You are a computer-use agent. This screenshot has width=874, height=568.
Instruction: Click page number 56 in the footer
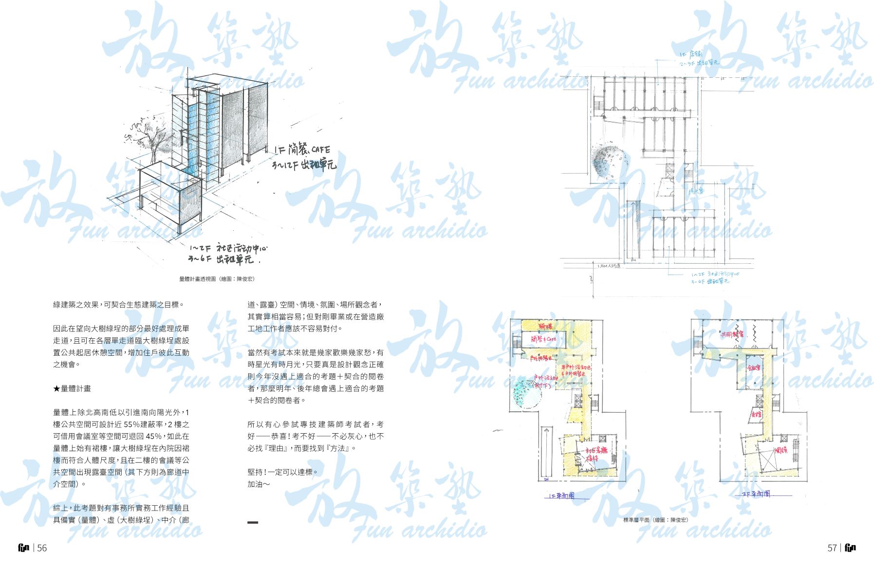click(x=42, y=548)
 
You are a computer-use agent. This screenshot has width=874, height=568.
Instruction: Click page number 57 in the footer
click(x=832, y=548)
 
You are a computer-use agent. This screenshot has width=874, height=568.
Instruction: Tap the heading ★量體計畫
click(x=72, y=388)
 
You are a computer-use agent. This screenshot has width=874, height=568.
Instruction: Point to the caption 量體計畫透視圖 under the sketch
click(x=217, y=279)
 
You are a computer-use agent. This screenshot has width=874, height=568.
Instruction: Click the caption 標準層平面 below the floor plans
click(x=655, y=520)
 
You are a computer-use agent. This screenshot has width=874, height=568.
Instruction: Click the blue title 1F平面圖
click(x=561, y=496)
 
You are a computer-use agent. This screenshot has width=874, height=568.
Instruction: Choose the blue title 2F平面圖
click(x=756, y=494)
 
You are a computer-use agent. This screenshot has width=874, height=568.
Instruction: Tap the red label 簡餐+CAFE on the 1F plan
click(x=543, y=339)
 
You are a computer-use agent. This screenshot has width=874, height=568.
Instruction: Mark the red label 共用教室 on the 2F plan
click(x=732, y=334)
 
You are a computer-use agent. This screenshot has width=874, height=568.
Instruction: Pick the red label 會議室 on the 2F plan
click(x=754, y=367)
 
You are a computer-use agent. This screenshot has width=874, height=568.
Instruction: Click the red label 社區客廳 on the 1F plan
click(x=596, y=451)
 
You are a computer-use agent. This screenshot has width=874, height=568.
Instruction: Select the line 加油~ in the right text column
click(x=259, y=484)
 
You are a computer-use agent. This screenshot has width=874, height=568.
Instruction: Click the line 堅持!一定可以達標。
click(x=282, y=472)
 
